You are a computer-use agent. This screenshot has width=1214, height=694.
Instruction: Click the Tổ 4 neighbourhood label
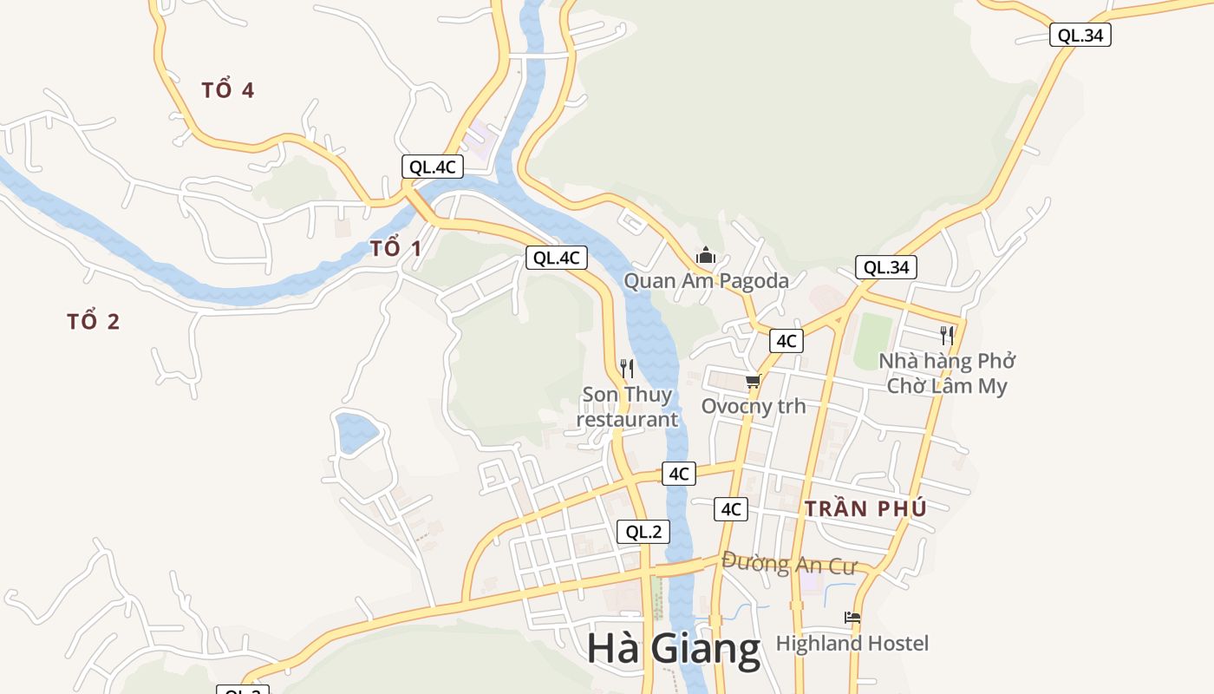click(228, 90)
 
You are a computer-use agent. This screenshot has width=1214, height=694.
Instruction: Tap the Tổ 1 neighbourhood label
click(396, 249)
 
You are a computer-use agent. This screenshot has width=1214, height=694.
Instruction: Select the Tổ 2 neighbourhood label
click(94, 322)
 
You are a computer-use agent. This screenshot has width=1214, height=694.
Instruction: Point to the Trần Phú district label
click(865, 509)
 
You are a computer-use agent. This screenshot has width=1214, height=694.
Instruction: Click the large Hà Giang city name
click(673, 649)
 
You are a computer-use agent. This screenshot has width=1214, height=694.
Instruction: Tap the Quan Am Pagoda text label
click(707, 281)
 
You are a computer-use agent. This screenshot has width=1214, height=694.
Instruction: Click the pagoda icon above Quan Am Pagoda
click(706, 256)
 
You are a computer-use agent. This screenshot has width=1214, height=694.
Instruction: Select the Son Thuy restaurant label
click(627, 407)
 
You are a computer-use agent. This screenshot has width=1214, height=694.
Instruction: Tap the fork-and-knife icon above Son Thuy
click(627, 369)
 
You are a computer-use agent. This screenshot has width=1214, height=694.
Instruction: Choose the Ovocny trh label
click(753, 406)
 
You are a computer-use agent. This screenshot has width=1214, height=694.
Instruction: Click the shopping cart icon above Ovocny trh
click(753, 381)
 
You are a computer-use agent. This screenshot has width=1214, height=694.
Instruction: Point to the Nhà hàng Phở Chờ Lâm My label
click(947, 373)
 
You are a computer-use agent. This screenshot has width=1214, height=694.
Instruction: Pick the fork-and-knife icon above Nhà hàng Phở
click(947, 335)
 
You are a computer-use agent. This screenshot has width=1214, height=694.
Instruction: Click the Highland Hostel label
click(852, 644)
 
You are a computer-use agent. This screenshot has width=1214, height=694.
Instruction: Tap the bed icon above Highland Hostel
click(852, 618)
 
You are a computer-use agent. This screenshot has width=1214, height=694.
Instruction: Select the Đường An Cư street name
click(788, 564)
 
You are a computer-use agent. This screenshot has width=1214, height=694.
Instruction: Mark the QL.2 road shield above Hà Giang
click(643, 532)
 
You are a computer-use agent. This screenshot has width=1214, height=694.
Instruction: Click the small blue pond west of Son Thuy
click(356, 431)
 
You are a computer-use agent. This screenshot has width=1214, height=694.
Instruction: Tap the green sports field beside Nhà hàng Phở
click(873, 340)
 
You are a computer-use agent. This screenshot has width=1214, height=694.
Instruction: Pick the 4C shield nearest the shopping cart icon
click(786, 341)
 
